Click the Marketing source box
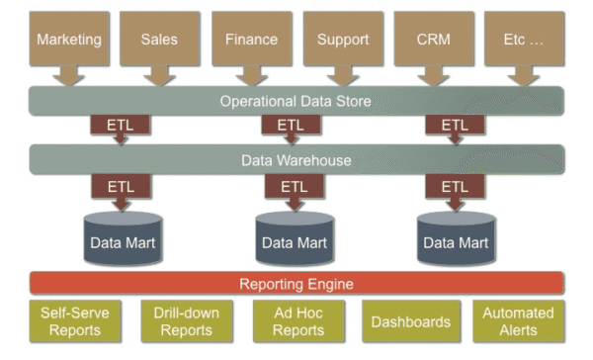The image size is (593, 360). click(69, 39)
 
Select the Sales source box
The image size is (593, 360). click(160, 39)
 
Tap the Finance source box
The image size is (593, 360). click(252, 39)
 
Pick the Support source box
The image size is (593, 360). click(343, 39)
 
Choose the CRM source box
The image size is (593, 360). click(434, 39)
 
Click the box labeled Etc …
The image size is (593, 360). click(525, 39)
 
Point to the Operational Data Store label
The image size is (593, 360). click(296, 101)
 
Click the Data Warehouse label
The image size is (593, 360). click(296, 160)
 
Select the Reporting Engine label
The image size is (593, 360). click(296, 284)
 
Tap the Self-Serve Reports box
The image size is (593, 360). click(75, 321)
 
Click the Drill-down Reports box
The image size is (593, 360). click(187, 321)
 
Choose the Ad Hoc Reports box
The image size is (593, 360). click(298, 321)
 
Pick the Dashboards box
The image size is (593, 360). click(411, 321)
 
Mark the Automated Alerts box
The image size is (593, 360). click(519, 321)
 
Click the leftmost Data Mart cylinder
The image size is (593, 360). click(123, 237)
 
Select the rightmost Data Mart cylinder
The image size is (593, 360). click(456, 237)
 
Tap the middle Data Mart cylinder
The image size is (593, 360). click(295, 237)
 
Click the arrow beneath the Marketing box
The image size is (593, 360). click(68, 75)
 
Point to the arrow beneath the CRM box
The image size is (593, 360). click(434, 75)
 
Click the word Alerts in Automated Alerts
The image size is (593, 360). click(518, 330)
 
